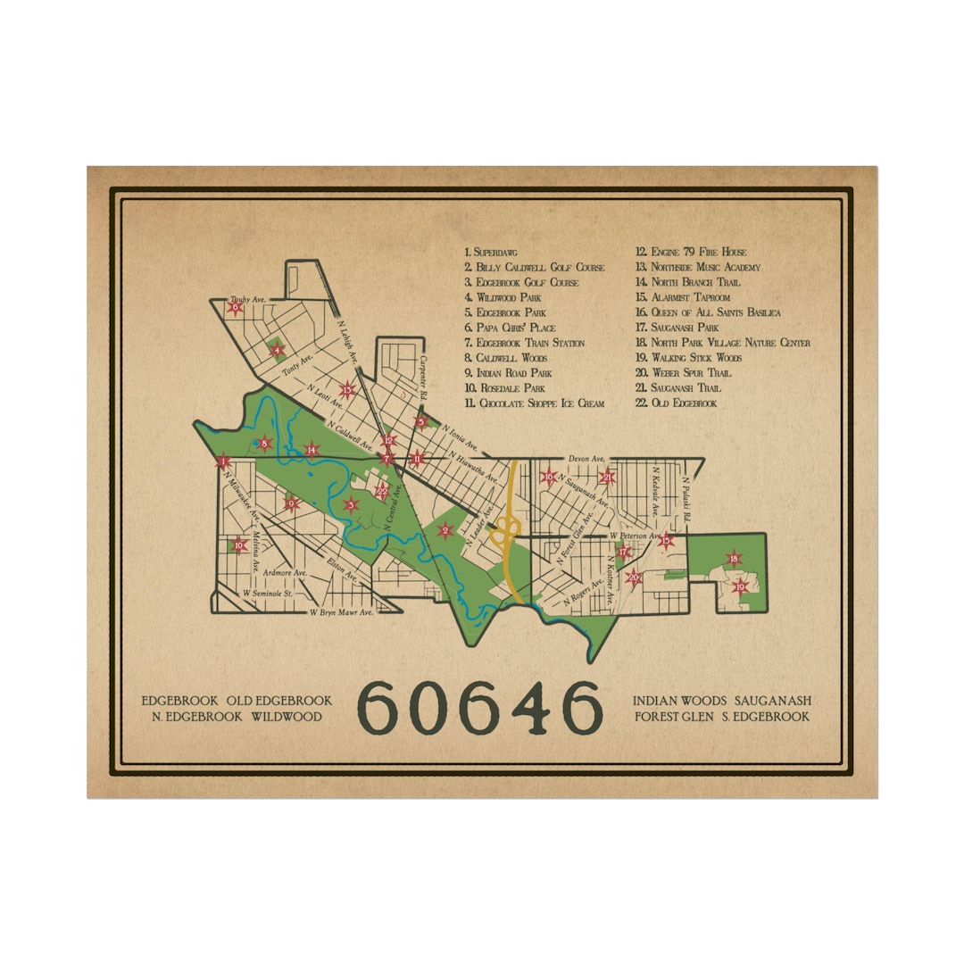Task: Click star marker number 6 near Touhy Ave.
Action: tap(236, 308)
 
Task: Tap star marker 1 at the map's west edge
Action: tap(222, 461)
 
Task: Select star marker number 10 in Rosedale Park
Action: tap(238, 545)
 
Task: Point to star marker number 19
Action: tap(740, 586)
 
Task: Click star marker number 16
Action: tap(549, 478)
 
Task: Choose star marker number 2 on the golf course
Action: tap(444, 531)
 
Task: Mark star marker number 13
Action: tap(348, 388)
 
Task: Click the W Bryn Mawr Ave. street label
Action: tap(341, 613)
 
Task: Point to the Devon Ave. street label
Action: tap(586, 458)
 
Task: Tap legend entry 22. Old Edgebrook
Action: tap(676, 403)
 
